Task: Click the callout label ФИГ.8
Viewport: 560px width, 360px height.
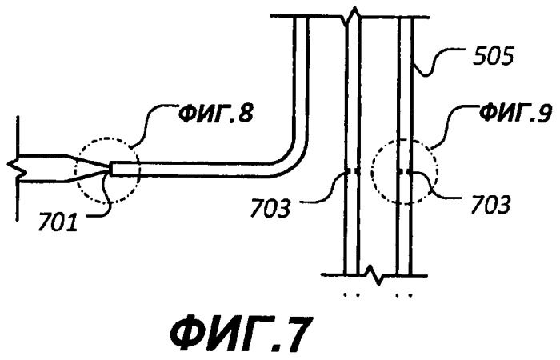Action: tap(216, 114)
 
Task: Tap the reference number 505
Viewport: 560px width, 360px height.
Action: tap(493, 57)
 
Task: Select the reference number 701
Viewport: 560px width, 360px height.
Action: tap(58, 222)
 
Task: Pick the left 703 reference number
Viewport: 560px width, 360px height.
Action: tap(270, 208)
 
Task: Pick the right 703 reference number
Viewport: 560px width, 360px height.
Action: tap(490, 205)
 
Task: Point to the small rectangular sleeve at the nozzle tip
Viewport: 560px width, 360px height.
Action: tap(123, 169)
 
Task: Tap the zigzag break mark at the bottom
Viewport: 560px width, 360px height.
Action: tap(374, 274)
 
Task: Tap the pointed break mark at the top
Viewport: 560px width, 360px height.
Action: tap(354, 14)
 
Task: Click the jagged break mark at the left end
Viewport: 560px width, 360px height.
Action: tap(17, 168)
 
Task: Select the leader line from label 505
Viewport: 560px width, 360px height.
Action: tap(437, 62)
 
